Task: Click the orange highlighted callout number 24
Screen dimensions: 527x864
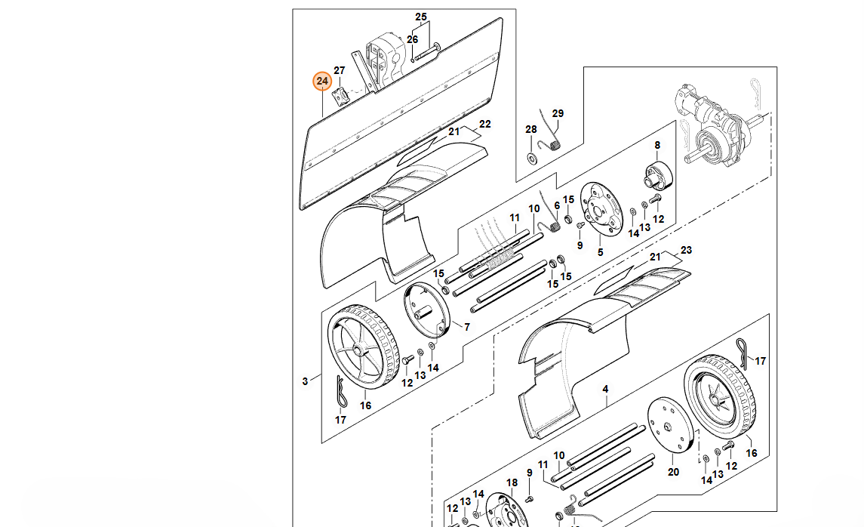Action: click(x=323, y=81)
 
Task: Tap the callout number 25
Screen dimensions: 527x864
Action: click(x=421, y=17)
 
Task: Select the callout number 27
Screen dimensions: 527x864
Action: click(x=340, y=71)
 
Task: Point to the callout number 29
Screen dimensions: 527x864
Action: click(x=558, y=114)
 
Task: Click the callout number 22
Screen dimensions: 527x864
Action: click(x=485, y=124)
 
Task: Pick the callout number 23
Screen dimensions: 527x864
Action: click(x=686, y=250)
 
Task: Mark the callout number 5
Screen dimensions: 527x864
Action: click(x=601, y=252)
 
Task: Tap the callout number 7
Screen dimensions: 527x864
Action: click(x=467, y=327)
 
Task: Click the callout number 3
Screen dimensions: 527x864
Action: click(x=305, y=381)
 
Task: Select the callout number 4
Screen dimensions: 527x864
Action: click(x=605, y=390)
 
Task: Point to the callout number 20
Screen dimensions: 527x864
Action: click(x=674, y=472)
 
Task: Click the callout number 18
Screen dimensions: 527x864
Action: click(x=512, y=482)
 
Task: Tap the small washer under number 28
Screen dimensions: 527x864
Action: click(x=531, y=158)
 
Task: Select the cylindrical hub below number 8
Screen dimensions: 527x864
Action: click(x=656, y=177)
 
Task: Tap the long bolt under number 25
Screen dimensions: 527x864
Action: click(x=426, y=52)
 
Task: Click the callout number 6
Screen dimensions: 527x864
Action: click(x=557, y=205)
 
